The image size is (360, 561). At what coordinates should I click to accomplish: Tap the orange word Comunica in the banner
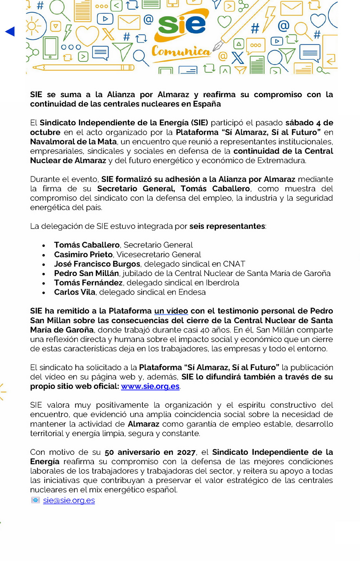click(181, 52)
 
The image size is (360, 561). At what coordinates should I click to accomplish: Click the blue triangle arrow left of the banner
click(10, 32)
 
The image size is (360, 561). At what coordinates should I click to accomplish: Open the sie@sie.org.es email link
click(69, 500)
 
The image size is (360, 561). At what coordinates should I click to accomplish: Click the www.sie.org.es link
click(150, 386)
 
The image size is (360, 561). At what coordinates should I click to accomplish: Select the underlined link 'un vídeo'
click(171, 311)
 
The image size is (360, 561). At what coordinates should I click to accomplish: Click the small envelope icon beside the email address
click(35, 500)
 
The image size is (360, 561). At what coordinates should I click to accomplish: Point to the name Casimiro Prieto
click(83, 254)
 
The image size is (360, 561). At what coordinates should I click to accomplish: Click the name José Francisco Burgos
click(97, 264)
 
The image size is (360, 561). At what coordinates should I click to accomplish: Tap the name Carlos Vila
click(75, 292)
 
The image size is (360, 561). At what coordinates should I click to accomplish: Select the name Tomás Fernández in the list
click(88, 283)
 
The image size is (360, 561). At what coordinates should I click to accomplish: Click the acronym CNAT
click(234, 264)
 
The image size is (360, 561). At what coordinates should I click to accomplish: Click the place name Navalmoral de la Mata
click(73, 142)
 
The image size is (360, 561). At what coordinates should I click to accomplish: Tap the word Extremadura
click(281, 160)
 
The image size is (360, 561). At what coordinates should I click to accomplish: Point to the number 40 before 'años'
click(205, 330)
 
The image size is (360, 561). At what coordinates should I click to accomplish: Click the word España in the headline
click(207, 104)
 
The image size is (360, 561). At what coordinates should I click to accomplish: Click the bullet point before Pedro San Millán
click(44, 274)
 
